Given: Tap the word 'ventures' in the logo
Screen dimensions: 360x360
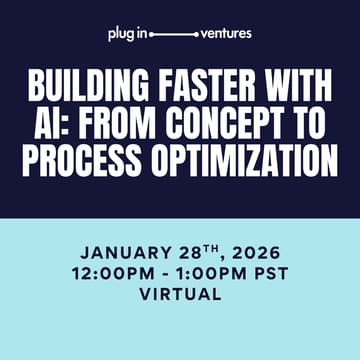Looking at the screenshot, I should click(x=226, y=34).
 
